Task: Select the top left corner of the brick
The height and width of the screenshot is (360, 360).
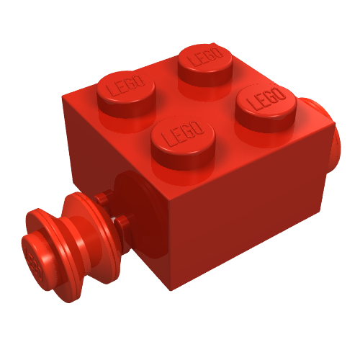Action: click(x=63, y=96)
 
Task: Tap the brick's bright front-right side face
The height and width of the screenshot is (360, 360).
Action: click(x=252, y=209)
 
